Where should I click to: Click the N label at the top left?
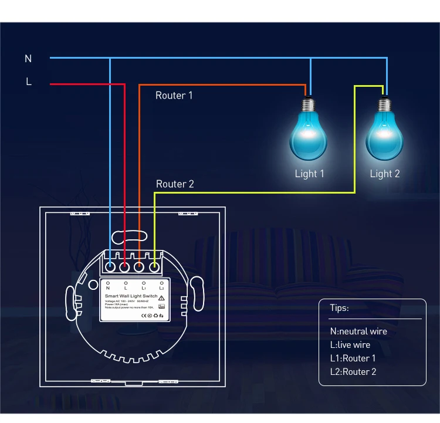[28, 59]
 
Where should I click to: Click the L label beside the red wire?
[28, 82]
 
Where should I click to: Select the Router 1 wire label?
[174, 95]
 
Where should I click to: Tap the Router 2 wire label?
[175, 184]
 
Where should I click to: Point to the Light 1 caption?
[309, 174]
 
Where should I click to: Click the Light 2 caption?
[385, 174]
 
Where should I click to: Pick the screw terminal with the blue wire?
[110, 268]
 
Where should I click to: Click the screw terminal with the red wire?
[125, 268]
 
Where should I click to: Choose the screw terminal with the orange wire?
[140, 268]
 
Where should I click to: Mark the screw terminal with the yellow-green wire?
[154, 268]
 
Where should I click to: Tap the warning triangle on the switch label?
[161, 298]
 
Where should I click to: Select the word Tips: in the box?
[339, 308]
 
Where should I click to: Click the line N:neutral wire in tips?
[358, 331]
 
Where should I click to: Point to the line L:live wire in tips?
[350, 345]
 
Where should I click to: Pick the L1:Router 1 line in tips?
[353, 358]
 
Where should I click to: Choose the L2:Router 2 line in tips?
[353, 372]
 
